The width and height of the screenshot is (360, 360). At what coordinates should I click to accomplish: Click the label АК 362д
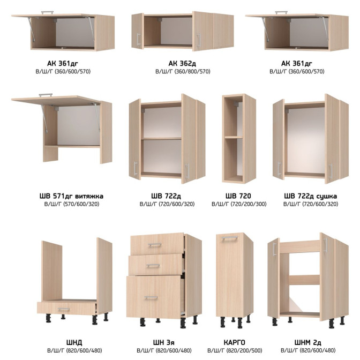(x=182, y=63)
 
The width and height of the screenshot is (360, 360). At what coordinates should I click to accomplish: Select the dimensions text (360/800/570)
(x=192, y=71)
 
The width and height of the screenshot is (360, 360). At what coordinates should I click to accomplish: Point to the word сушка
(x=326, y=196)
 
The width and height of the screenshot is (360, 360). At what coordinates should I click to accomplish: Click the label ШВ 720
(x=238, y=196)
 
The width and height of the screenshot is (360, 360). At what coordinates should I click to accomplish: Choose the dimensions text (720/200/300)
(x=249, y=204)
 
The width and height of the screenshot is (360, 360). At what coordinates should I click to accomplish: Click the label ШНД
(x=74, y=342)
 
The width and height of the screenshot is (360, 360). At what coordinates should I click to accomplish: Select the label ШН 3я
(x=164, y=342)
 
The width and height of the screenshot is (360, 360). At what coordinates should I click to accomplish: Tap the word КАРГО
(x=235, y=342)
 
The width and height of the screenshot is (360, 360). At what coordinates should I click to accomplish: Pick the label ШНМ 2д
(x=307, y=342)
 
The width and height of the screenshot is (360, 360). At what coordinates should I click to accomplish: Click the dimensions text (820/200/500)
(x=244, y=350)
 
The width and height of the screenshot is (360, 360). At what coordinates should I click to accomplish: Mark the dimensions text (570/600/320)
(x=81, y=204)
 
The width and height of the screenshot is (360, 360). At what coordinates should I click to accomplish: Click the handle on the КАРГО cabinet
(x=230, y=239)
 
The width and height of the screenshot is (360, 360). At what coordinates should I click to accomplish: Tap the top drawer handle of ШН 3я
(x=155, y=245)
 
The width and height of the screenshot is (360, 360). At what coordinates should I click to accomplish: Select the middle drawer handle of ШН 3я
(x=153, y=266)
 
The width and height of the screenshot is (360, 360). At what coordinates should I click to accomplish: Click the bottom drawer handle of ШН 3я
(x=151, y=298)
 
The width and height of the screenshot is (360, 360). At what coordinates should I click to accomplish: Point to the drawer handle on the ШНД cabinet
(x=64, y=310)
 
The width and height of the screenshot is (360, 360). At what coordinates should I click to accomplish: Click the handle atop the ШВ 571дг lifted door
(x=46, y=95)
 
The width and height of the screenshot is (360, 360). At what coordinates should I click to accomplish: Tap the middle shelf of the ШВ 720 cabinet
(x=234, y=137)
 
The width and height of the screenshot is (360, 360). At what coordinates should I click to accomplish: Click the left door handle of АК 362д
(x=139, y=39)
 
